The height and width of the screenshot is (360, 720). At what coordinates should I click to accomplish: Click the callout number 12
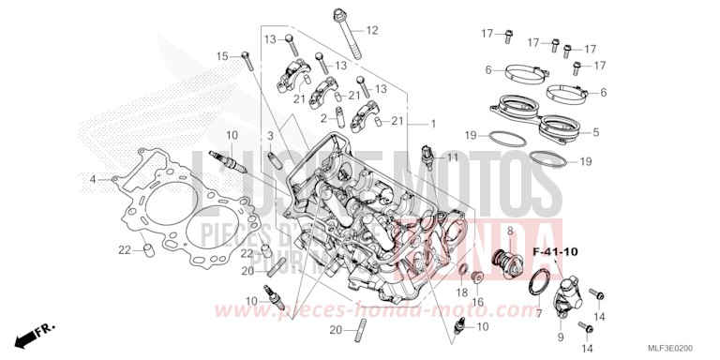pyautogui.click(x=371, y=31)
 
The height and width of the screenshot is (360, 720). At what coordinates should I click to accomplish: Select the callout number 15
pyautogui.click(x=222, y=56)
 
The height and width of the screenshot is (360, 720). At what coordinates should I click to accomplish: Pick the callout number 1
pyautogui.click(x=433, y=124)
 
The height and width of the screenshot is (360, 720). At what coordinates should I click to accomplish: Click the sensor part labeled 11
pyautogui.click(x=427, y=156)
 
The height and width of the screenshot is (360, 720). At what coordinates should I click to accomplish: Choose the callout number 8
pyautogui.click(x=510, y=231)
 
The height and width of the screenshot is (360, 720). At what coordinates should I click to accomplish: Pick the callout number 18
pyautogui.click(x=460, y=293)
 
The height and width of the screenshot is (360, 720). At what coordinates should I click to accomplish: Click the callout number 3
pyautogui.click(x=269, y=137)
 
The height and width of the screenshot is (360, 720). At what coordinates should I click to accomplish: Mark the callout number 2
pyautogui.click(x=323, y=119)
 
